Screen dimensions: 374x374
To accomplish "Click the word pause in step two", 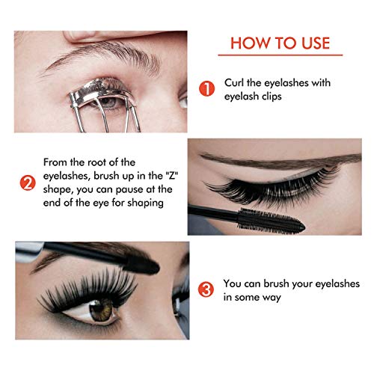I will [x=131, y=191].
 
